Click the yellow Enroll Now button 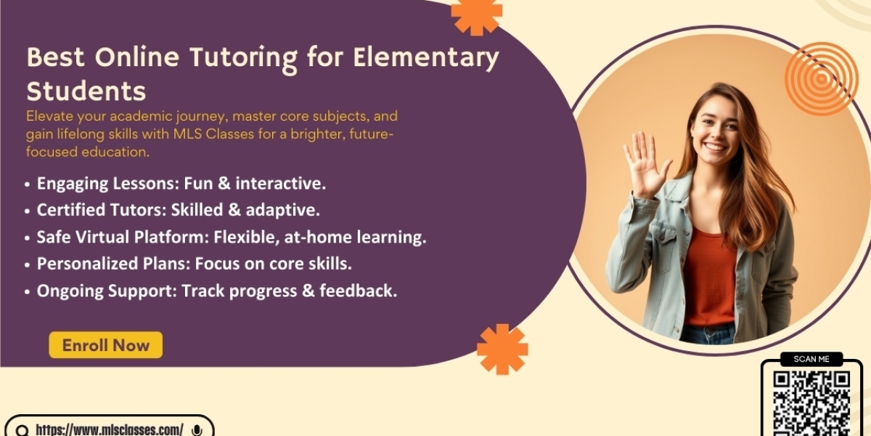tap(106, 345)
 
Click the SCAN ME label tap(811, 359)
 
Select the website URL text tap(110, 429)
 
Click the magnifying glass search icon tap(23, 430)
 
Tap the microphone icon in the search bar tap(197, 430)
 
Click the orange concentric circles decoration tap(821, 79)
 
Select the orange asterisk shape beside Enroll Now tap(502, 350)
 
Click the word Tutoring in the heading tap(243, 58)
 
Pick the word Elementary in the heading tap(426, 58)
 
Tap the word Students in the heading tap(86, 91)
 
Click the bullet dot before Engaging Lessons tap(27, 184)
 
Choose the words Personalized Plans tap(113, 264)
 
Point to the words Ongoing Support tap(107, 291)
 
